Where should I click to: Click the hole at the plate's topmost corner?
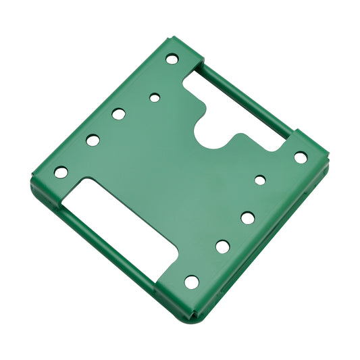[x=172, y=59]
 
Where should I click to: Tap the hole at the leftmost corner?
[x=61, y=172]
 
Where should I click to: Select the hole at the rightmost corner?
[x=300, y=157]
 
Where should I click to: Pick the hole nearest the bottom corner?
[x=192, y=282]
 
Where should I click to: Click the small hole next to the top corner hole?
[x=155, y=98]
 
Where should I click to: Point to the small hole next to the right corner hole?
[x=260, y=180]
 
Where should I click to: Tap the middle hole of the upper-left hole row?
[x=119, y=114]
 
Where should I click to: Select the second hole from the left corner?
[x=93, y=140]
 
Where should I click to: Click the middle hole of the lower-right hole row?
[x=247, y=217]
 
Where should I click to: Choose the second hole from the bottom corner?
[x=222, y=247]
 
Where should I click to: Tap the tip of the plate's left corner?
[x=32, y=181]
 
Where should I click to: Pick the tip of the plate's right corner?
[x=328, y=161]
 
